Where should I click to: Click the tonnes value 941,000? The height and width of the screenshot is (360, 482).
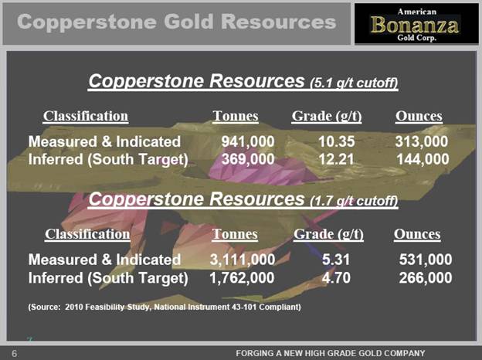pyautogui.click(x=248, y=141)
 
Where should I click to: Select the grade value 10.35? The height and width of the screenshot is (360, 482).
pyautogui.click(x=336, y=141)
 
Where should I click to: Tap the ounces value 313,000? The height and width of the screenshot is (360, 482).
pyautogui.click(x=422, y=141)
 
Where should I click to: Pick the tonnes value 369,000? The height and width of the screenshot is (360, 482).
pyautogui.click(x=248, y=159)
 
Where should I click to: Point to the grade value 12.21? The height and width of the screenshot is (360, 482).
pyautogui.click(x=336, y=159)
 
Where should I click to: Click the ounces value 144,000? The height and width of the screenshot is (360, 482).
pyautogui.click(x=423, y=159)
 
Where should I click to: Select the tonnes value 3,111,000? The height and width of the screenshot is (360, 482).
pyautogui.click(x=243, y=260)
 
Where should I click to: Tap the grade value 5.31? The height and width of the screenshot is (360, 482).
pyautogui.click(x=336, y=260)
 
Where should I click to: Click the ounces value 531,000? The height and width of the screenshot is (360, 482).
pyautogui.click(x=426, y=260)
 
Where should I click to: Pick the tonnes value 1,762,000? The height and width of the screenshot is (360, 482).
pyautogui.click(x=242, y=278)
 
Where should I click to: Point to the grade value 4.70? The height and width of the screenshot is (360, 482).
pyautogui.click(x=336, y=278)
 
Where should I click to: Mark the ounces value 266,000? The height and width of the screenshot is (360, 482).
pyautogui.click(x=426, y=278)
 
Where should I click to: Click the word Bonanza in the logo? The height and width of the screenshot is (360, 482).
pyautogui.click(x=414, y=25)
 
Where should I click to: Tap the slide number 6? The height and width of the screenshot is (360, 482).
pyautogui.click(x=15, y=354)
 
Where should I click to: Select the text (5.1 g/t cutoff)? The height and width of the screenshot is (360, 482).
pyautogui.click(x=354, y=83)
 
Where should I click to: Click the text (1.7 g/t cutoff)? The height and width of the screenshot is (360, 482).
pyautogui.click(x=354, y=201)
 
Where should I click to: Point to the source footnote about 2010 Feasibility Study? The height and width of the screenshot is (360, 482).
pyautogui.click(x=165, y=307)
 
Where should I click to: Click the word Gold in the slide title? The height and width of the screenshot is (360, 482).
pyautogui.click(x=188, y=22)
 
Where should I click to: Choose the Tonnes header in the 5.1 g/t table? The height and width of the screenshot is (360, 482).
pyautogui.click(x=236, y=116)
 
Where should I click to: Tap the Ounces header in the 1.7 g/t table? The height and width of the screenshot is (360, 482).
pyautogui.click(x=417, y=234)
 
